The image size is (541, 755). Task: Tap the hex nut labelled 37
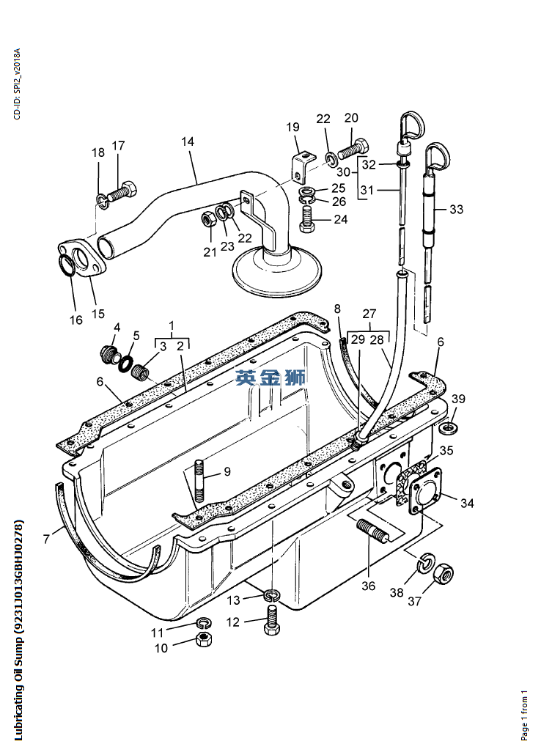point(444,573)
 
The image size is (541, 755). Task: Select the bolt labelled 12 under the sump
point(272,619)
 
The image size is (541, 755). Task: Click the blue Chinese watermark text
point(270,377)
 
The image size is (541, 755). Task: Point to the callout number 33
point(456,209)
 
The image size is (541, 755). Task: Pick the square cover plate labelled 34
point(425,490)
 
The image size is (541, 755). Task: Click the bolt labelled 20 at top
point(353,148)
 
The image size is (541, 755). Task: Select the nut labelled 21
point(208,220)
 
